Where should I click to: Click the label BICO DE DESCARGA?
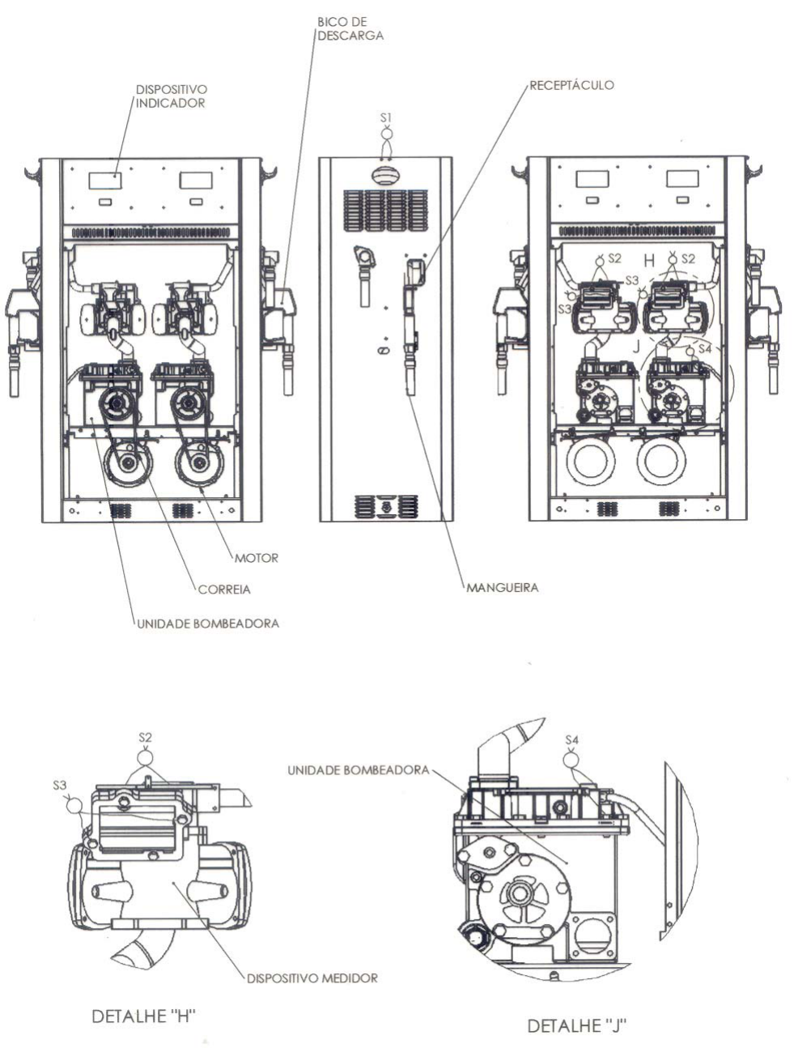(x=350, y=29)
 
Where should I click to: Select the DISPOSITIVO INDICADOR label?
(x=171, y=96)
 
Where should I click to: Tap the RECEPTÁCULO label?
(x=571, y=86)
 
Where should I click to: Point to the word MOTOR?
(x=256, y=558)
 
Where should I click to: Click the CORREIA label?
(x=223, y=589)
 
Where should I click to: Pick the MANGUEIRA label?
(x=502, y=587)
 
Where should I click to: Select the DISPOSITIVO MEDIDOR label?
(x=312, y=978)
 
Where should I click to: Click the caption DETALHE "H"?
(x=143, y=1016)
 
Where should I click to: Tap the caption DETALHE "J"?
(x=577, y=1025)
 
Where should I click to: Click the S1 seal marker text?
(x=385, y=117)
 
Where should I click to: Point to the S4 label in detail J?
(x=571, y=739)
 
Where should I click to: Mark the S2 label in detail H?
(x=145, y=737)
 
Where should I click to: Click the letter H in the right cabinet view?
(x=649, y=261)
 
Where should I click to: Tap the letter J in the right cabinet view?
(x=636, y=347)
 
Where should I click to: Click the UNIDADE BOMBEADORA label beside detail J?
(x=358, y=769)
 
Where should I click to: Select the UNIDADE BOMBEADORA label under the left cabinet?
(x=207, y=623)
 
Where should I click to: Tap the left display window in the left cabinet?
(x=105, y=181)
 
